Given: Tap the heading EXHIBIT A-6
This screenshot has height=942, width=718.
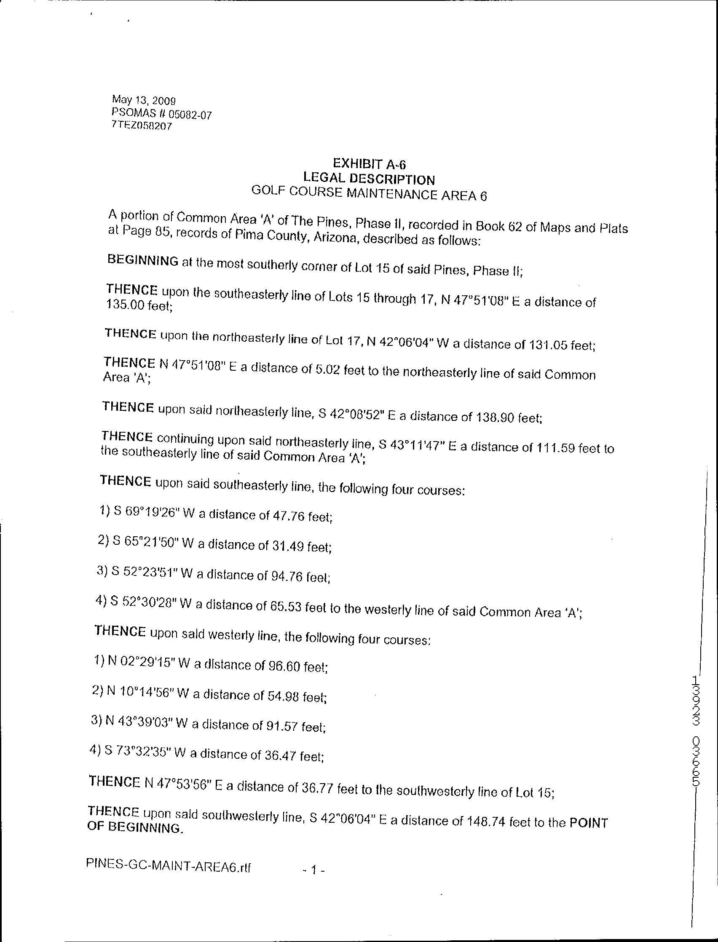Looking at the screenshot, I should coord(369,163).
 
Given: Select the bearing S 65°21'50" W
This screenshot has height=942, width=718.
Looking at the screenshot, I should coord(148,542).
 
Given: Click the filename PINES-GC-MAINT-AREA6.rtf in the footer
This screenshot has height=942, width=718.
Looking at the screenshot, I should coord(169,855).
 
